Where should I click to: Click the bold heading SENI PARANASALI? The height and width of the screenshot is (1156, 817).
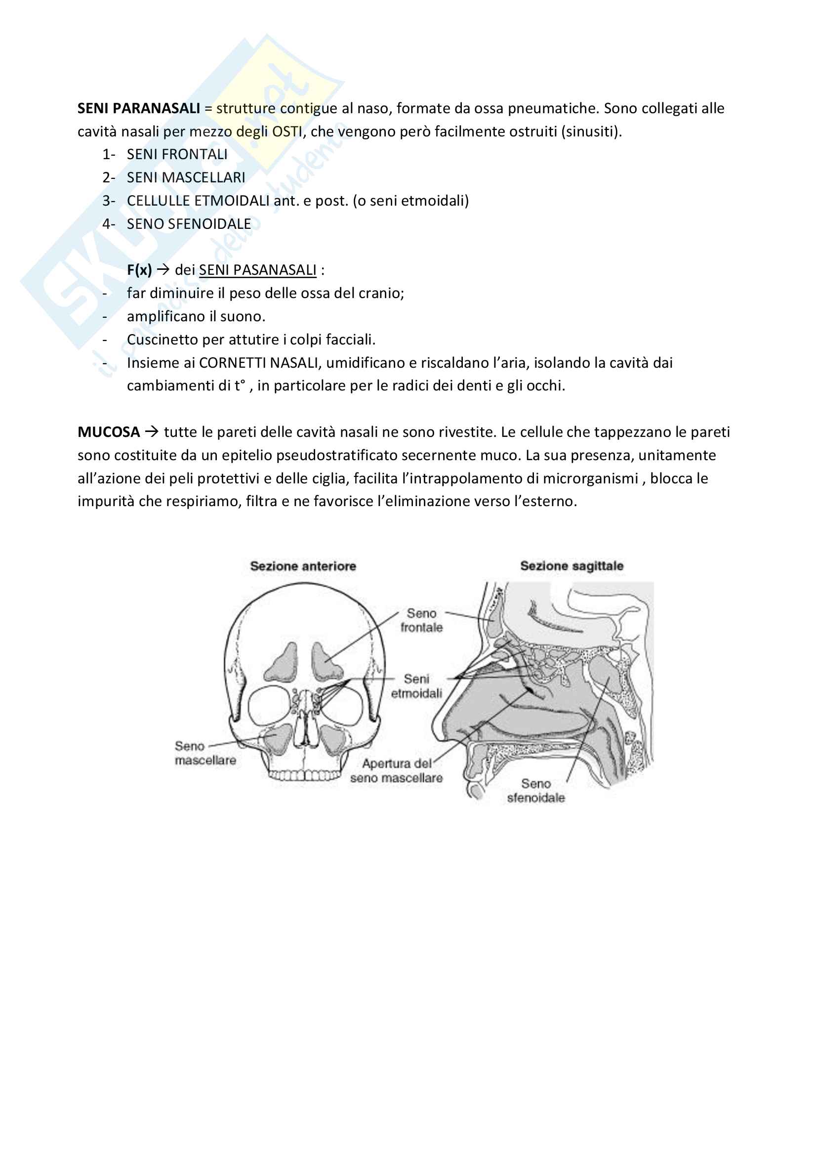[138, 108]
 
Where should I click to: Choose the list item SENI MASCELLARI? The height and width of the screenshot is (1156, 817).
[186, 178]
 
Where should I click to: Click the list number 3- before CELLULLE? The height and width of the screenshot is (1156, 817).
[109, 201]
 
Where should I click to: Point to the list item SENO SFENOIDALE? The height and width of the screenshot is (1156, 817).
[189, 224]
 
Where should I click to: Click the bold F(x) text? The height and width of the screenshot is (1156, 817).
[139, 270]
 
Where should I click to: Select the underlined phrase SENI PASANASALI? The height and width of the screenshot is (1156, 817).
[257, 270]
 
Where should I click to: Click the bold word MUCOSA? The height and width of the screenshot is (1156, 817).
[109, 432]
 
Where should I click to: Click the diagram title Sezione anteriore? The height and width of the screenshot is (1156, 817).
[303, 566]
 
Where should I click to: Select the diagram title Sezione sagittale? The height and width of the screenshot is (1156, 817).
[572, 566]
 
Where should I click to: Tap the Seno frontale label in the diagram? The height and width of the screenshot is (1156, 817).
[421, 620]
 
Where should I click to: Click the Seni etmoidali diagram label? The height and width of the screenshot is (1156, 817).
[416, 686]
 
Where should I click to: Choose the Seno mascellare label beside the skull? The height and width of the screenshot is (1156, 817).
[205, 753]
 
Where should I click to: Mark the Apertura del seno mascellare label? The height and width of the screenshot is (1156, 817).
[397, 771]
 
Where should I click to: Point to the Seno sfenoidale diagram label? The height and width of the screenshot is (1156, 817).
[536, 790]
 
